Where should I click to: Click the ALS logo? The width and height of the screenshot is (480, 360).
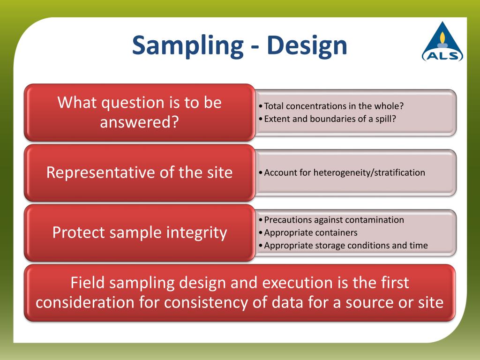[x=442, y=42]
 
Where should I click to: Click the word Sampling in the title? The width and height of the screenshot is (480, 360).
[x=187, y=46]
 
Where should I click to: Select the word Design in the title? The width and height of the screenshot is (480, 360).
[x=307, y=46]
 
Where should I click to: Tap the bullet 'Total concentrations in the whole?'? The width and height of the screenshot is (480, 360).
[x=331, y=106]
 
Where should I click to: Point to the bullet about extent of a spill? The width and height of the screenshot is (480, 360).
[x=327, y=119]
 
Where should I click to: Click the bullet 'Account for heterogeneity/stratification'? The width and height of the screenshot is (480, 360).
[x=342, y=172]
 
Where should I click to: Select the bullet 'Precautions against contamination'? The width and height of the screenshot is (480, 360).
[x=331, y=220]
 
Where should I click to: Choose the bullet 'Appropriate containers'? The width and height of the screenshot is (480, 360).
[x=308, y=232]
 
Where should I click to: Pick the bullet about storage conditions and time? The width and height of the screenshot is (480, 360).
[x=343, y=246]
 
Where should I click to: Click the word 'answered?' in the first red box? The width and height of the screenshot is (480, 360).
[x=139, y=122]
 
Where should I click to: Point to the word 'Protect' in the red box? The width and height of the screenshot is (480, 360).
[x=79, y=232]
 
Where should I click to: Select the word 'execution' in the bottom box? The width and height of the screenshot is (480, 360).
[x=297, y=283]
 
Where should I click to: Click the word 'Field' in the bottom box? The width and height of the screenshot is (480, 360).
[x=88, y=283]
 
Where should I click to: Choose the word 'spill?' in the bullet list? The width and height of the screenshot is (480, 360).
[x=386, y=119]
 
